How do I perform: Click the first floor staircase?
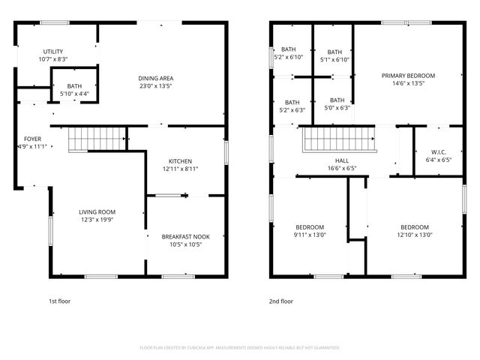(x=97, y=139)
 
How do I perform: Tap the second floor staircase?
(x=337, y=139)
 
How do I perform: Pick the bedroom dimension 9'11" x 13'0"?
(x=309, y=235)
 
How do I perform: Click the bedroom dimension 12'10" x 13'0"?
(x=414, y=235)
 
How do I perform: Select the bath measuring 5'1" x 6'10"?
(x=334, y=55)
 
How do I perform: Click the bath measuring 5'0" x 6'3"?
(x=337, y=104)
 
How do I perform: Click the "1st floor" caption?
(x=60, y=301)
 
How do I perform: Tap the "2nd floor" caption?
(x=281, y=301)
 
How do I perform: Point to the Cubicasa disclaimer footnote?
(x=240, y=348)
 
